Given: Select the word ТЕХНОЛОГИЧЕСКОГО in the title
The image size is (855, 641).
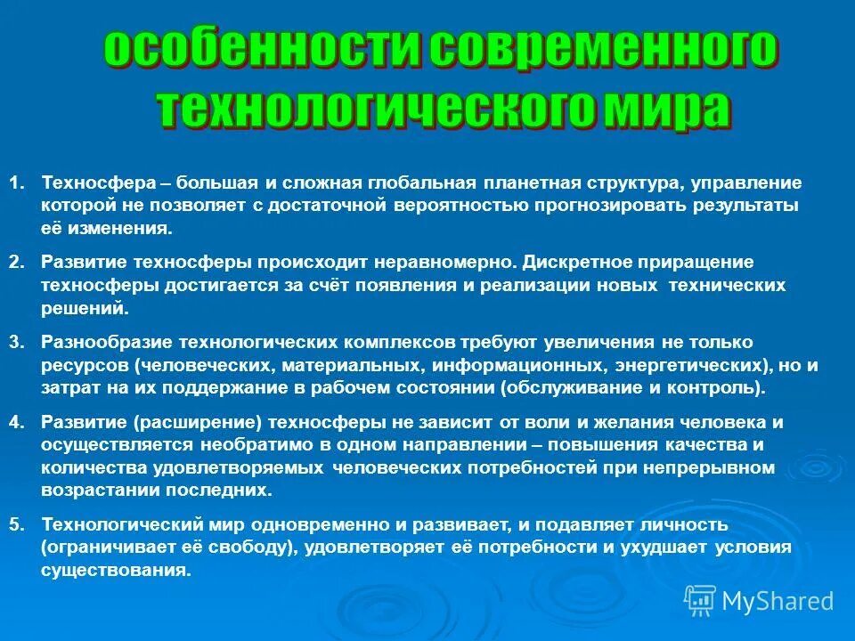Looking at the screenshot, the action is pyautogui.click(x=373, y=110).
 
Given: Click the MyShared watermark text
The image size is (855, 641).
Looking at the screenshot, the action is pyautogui.click(x=778, y=601).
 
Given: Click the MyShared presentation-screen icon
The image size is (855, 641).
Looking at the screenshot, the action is pyautogui.click(x=700, y=600).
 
